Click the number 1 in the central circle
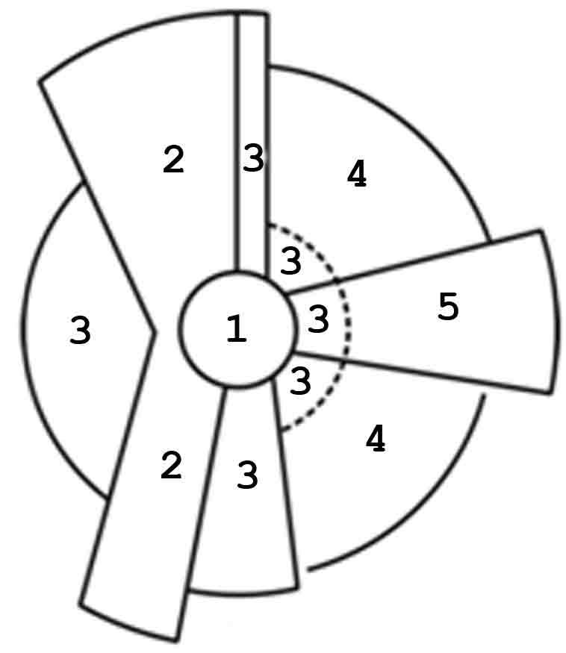coord(236,329)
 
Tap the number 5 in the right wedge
coord(447,307)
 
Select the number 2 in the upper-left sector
coord(173,160)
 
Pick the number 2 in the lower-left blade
coord(171,466)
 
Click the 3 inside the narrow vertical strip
coord(253,159)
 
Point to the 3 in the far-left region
coord(80,330)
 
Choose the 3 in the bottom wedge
coord(247,475)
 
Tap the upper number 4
coord(357,175)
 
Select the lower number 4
coord(375,440)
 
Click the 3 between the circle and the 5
coord(318,319)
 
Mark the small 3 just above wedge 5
coord(290,261)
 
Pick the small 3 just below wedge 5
coord(299,381)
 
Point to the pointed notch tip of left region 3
coord(155,330)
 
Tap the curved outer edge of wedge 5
coord(556,313)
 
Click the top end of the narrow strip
coord(252,14)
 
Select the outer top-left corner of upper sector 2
coord(40,80)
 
